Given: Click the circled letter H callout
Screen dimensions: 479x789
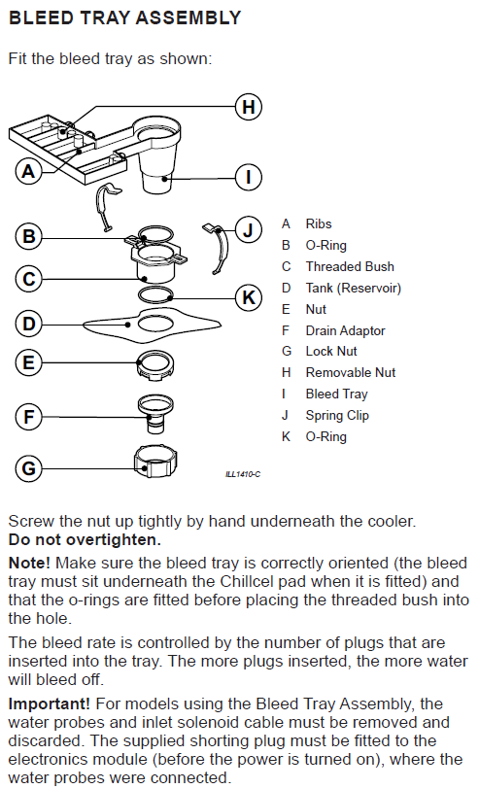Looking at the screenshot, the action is pos(249,107).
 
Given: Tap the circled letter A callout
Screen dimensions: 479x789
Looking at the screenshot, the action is pos(29,171).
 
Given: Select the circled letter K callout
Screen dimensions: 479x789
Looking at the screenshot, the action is pos(249,297).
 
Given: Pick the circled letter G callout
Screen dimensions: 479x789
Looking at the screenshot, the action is pos(29,468).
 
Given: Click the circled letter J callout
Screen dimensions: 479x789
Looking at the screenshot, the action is pos(249,230).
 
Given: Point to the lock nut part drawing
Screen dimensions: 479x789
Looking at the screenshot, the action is pos(155,461).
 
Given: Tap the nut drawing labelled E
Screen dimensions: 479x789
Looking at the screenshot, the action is pos(156,365).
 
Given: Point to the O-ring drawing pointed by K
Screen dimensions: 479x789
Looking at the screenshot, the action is pos(156,295).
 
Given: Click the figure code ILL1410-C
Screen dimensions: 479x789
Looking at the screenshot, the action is pos(243,474).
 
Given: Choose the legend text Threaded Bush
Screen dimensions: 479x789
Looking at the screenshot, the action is pos(350,266).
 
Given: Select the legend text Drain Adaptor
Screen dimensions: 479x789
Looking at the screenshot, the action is pos(345,330).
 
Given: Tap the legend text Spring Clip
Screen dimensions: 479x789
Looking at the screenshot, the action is pos(337,416).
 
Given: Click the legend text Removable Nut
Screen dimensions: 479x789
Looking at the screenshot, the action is pos(351,373).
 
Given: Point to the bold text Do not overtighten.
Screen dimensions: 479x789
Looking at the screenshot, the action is pos(85,540).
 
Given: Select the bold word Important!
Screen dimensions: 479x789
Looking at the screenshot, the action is pos(50,703).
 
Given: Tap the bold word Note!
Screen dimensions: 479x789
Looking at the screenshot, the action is pos(30,563).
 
